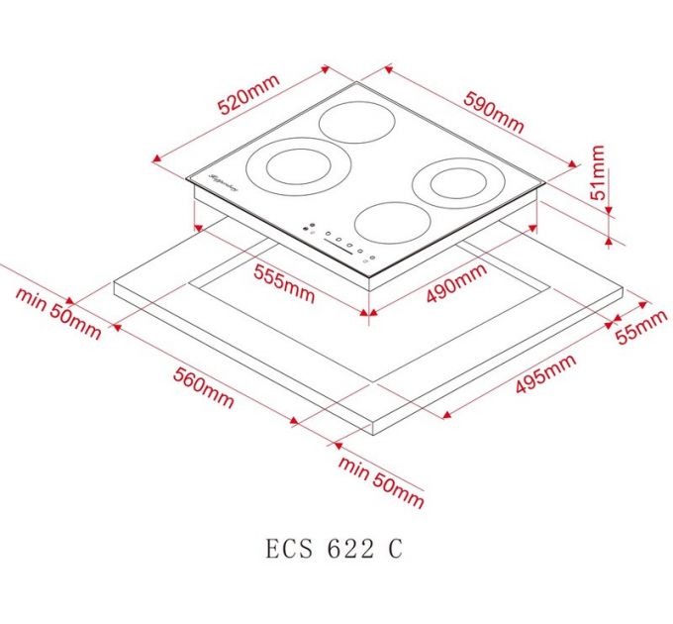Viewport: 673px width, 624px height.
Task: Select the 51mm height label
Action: click(597, 174)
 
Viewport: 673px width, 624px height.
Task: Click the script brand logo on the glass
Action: click(224, 181)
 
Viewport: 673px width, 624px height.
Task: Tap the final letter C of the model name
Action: click(395, 548)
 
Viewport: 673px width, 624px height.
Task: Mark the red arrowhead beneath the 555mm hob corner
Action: click(369, 315)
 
